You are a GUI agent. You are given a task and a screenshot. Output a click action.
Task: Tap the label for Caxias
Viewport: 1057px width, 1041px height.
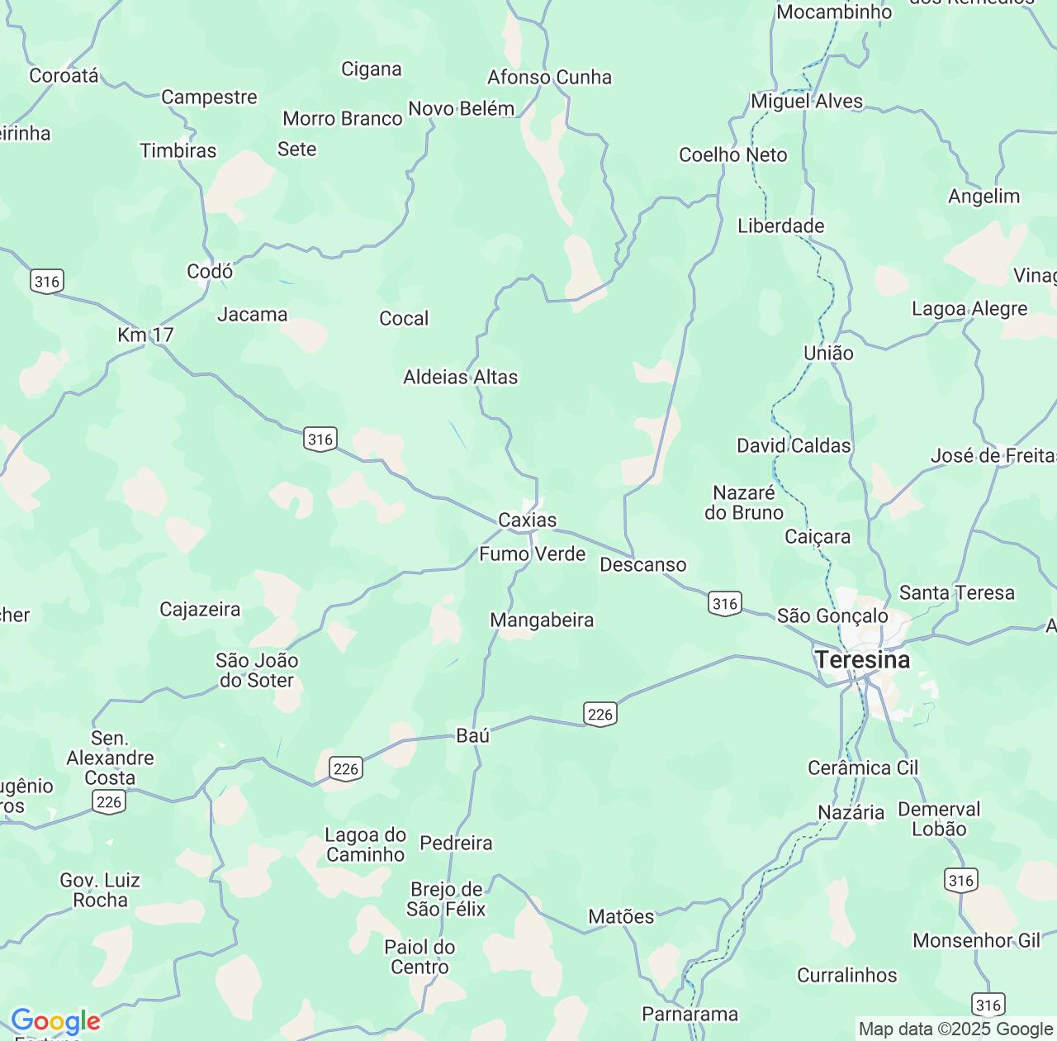coord(527,520)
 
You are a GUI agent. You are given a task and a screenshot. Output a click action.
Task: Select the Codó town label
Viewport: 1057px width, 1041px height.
coord(210,271)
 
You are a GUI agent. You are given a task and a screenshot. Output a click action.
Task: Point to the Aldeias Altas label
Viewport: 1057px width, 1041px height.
coord(460,378)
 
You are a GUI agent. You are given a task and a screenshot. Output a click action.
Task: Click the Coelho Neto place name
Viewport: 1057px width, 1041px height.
coord(732,155)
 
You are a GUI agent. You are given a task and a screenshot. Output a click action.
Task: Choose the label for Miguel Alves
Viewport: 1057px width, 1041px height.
coord(806,102)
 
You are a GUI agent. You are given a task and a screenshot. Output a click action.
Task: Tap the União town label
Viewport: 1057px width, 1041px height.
coord(828,354)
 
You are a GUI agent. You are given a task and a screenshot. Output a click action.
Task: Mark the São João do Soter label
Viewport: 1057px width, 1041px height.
coord(256,670)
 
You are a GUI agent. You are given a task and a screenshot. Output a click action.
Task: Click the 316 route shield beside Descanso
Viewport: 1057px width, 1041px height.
coord(724,604)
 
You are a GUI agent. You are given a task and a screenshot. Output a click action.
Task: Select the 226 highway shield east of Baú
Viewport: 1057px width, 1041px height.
coord(600,715)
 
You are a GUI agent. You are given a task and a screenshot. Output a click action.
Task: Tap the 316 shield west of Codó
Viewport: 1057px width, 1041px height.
coord(46,281)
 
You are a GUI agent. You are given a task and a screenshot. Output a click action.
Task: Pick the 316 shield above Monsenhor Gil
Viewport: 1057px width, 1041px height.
coord(961,881)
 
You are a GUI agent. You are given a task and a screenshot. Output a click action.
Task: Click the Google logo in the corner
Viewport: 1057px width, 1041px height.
coord(55,1022)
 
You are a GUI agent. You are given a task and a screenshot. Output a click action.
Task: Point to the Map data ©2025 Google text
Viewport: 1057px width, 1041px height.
coord(955,1029)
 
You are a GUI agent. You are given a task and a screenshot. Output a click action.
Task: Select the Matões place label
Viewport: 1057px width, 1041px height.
coord(621,916)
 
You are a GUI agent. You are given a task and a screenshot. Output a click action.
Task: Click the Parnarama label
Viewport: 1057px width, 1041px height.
coord(690,1014)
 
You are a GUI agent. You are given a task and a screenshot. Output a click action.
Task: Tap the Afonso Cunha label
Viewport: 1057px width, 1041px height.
coord(549,78)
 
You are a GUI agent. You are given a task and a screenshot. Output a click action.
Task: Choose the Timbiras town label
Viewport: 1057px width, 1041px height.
coord(178,151)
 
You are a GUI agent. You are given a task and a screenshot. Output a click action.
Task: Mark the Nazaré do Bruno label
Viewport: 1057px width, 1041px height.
coord(743,503)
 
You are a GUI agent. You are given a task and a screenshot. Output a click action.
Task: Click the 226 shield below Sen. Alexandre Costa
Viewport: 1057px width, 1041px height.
coord(108,801)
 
